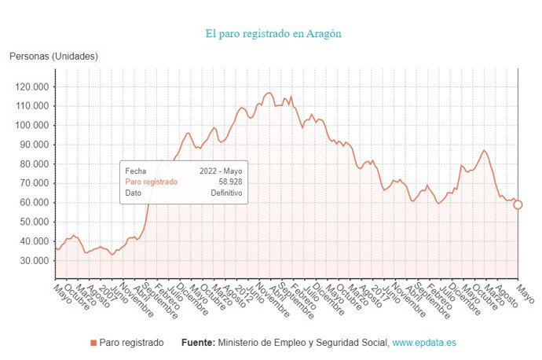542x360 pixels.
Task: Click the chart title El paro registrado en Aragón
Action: (273, 34)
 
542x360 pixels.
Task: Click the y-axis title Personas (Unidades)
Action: (53, 56)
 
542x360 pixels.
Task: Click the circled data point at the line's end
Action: (518, 205)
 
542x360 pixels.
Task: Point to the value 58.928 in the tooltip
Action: (229, 182)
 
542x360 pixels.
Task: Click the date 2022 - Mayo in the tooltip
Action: (220, 170)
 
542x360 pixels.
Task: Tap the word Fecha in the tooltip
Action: (135, 170)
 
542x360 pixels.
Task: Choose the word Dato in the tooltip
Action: (133, 193)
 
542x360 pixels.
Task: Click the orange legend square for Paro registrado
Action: (93, 343)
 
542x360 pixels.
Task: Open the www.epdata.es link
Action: (424, 343)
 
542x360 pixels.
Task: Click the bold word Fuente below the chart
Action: (197, 343)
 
